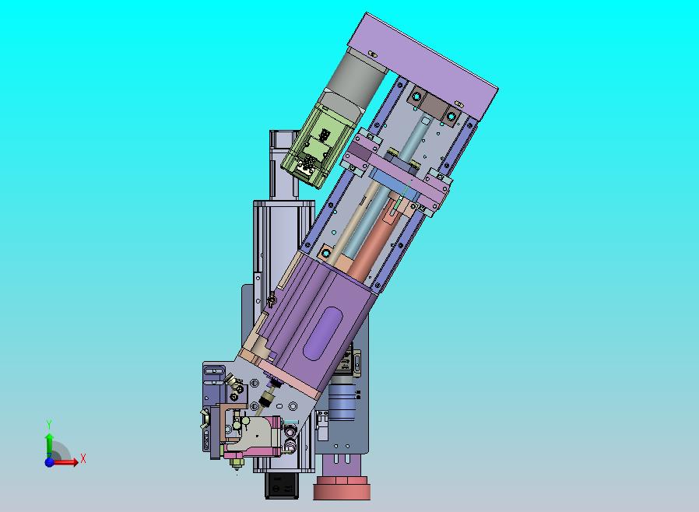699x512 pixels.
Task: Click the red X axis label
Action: point(83,458)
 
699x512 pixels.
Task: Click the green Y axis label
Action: point(49,424)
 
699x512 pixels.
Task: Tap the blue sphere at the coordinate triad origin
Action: point(49,462)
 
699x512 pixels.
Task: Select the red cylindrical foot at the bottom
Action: point(342,488)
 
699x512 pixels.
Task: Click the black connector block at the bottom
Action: point(281,486)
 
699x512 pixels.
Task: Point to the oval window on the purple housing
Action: point(322,332)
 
